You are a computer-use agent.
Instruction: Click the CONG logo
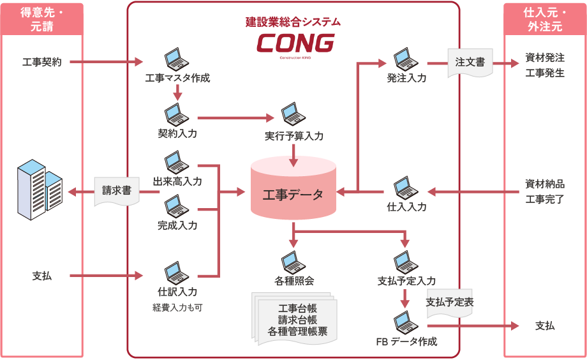(295, 43)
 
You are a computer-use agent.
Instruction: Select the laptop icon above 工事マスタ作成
(177, 59)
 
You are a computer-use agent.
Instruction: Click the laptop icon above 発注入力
(406, 59)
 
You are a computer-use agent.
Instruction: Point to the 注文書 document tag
(470, 63)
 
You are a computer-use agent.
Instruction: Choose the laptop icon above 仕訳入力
(177, 272)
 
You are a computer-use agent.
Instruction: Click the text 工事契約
(41, 63)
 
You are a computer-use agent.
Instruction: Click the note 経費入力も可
(177, 308)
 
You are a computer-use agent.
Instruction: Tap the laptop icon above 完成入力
(177, 206)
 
